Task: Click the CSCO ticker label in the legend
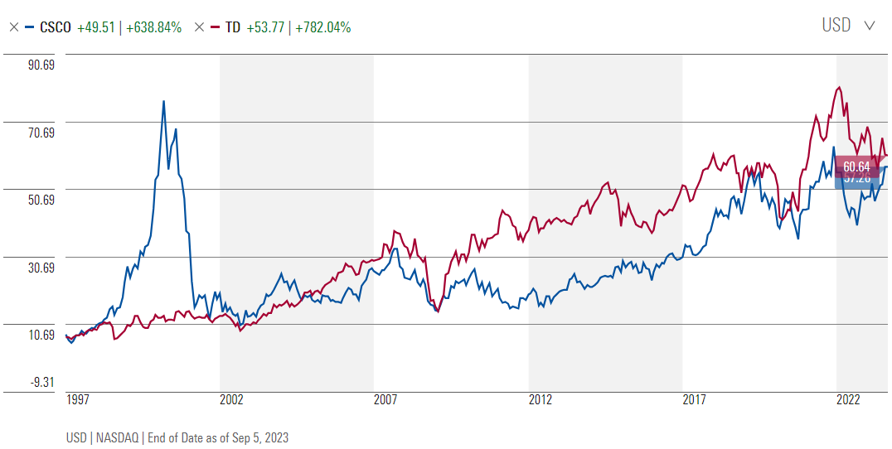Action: [56, 27]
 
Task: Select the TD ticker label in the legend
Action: [233, 27]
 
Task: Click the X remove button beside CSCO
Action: [13, 27]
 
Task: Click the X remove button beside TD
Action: [198, 27]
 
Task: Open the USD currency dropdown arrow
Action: [869, 26]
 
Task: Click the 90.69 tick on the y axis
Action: [41, 65]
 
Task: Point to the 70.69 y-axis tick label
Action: [41, 133]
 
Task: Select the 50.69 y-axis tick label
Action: [41, 200]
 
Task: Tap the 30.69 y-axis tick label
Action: [41, 268]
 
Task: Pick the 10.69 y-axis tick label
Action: [41, 335]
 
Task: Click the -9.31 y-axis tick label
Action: [43, 382]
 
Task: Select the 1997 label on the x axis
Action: [78, 400]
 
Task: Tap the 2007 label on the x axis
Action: [385, 400]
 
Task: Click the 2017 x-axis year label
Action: [695, 400]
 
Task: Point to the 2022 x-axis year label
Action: [848, 400]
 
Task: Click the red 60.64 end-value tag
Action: [856, 166]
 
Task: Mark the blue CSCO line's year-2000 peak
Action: [163, 101]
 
